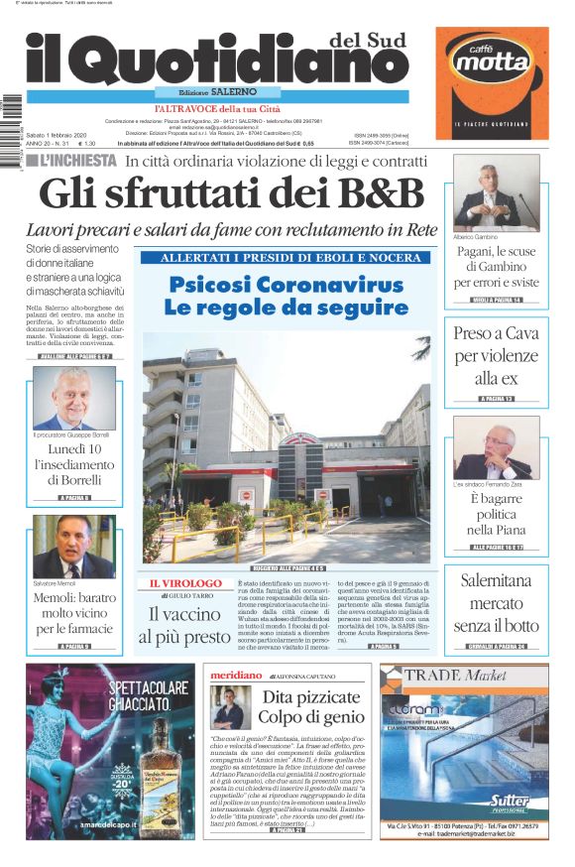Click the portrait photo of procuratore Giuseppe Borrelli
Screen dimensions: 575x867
(x=73, y=399)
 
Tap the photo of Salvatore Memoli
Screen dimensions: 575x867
(x=73, y=546)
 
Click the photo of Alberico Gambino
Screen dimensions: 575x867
(x=497, y=193)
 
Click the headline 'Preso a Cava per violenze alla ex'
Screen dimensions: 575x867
(x=497, y=356)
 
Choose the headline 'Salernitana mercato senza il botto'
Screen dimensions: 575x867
(x=497, y=604)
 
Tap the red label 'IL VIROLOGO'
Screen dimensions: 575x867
(x=185, y=583)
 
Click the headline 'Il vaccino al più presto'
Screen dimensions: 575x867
(x=185, y=625)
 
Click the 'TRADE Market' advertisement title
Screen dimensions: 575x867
(x=463, y=676)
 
